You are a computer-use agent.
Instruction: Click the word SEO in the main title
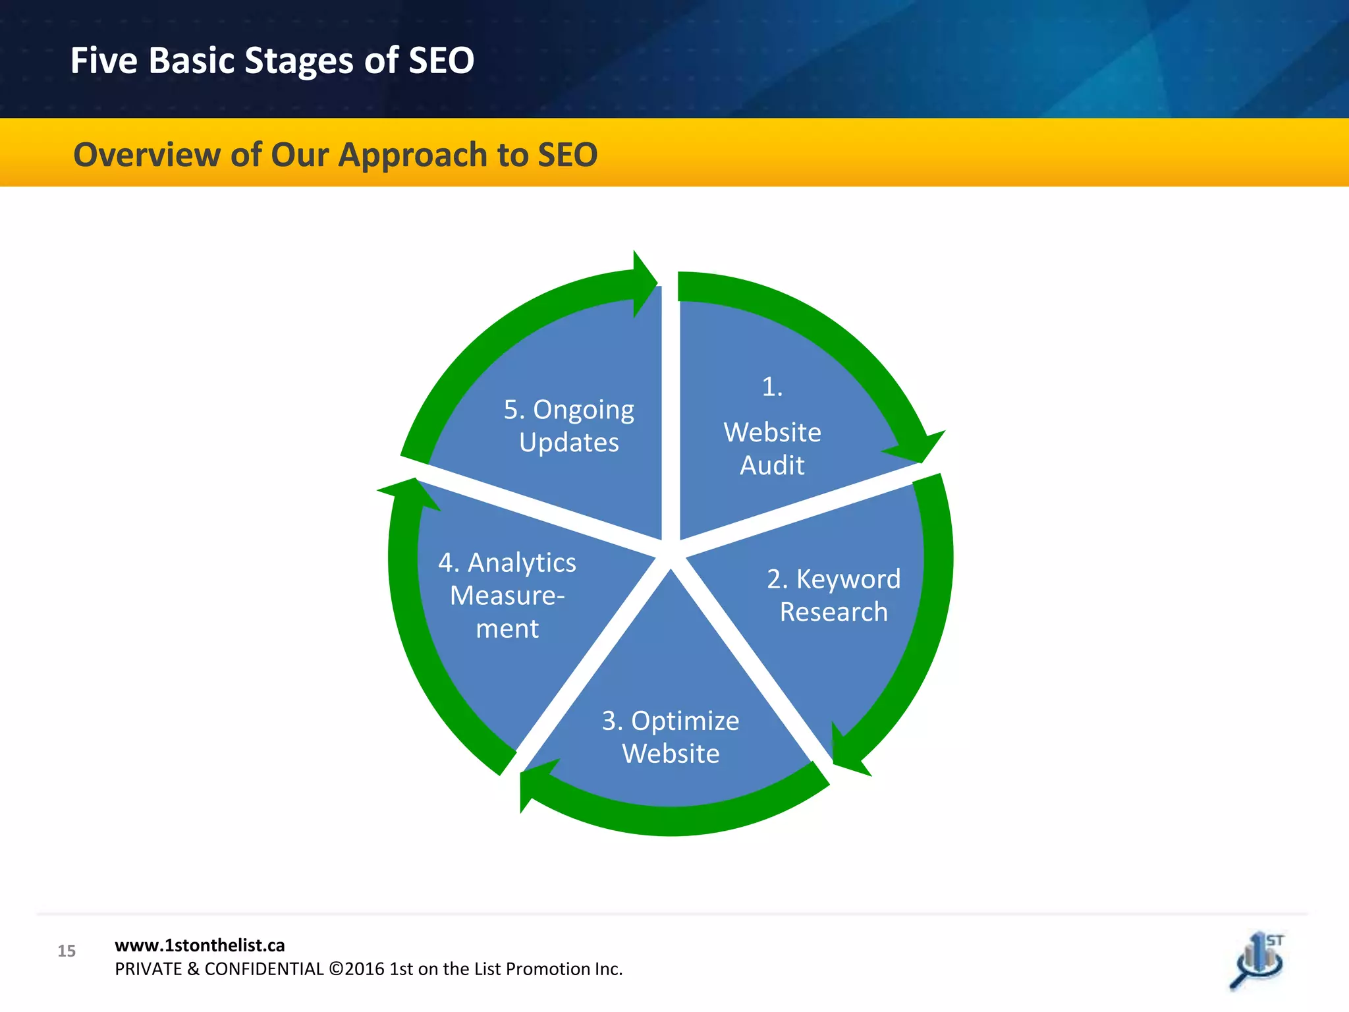(x=441, y=61)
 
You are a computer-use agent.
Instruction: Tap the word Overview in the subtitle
(x=146, y=155)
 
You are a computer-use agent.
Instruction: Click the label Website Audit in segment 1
(x=772, y=449)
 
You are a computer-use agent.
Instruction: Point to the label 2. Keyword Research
(x=833, y=595)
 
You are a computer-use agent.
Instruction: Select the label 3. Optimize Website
(x=671, y=737)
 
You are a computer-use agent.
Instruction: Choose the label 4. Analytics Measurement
(x=507, y=595)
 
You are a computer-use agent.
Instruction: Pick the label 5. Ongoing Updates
(x=568, y=426)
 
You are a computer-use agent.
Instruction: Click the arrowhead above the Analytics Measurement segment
(x=409, y=493)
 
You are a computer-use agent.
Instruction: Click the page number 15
(x=67, y=951)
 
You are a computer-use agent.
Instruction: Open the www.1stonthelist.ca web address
(x=200, y=945)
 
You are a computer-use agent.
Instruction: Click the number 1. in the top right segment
(x=772, y=387)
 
